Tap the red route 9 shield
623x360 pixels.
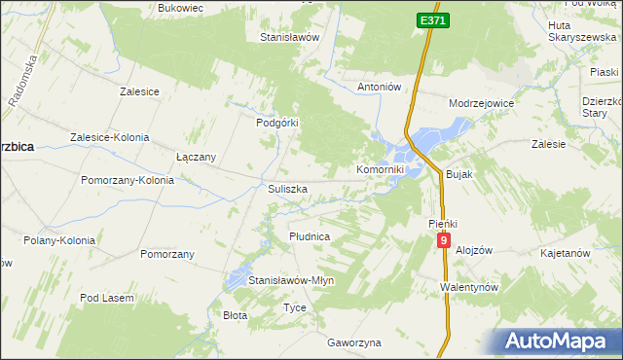444,239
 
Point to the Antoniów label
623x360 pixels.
380,87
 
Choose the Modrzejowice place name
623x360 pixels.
481,102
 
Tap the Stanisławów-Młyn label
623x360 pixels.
291,280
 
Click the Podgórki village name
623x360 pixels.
275,123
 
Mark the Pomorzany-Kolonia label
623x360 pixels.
128,180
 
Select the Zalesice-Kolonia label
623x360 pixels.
109,137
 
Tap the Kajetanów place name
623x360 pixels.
565,253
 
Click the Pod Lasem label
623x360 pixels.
104,298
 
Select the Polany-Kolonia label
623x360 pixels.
59,240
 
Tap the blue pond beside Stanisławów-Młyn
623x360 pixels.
237,282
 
